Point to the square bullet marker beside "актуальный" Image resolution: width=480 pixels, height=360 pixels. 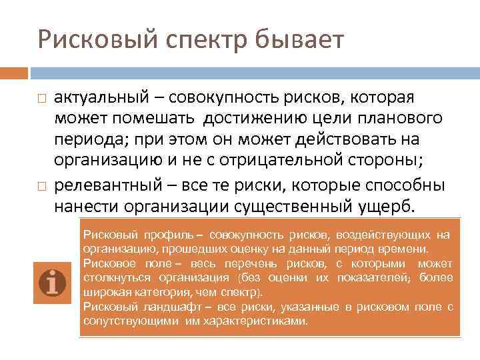[x=41, y=98]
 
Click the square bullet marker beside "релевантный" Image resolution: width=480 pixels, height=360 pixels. [x=41, y=185]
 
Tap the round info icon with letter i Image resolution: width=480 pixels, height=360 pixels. [x=52, y=283]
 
